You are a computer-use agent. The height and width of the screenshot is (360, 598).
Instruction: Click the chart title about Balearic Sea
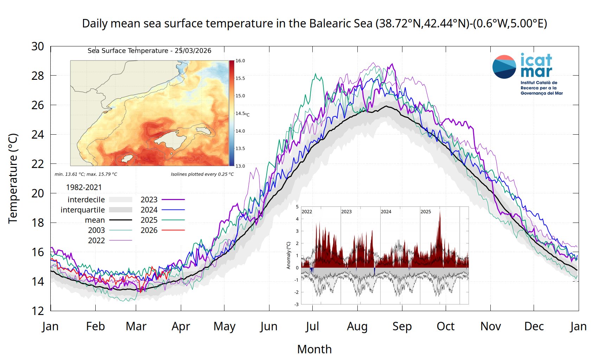pyautogui.click(x=314, y=24)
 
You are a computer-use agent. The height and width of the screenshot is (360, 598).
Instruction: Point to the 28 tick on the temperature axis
pyautogui.click(x=38, y=76)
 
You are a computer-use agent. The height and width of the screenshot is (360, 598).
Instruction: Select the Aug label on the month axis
pyautogui.click(x=357, y=327)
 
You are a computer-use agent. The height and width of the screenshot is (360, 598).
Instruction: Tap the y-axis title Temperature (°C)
pyautogui.click(x=13, y=178)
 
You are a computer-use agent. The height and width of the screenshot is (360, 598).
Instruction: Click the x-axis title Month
pyautogui.click(x=314, y=349)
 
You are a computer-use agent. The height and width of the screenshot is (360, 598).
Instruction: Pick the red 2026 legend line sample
pyautogui.click(x=173, y=230)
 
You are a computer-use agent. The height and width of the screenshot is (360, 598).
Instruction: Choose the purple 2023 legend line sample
pyautogui.click(x=173, y=200)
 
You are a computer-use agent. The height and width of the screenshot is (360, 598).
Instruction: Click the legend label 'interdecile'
pyautogui.click(x=86, y=200)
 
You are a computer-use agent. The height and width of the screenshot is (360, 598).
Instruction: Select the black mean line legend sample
pyautogui.click(x=120, y=220)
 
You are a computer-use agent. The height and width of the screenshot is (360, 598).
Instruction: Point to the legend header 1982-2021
pyautogui.click(x=84, y=187)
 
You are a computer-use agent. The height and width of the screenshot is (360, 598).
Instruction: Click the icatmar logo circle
pyautogui.click(x=504, y=67)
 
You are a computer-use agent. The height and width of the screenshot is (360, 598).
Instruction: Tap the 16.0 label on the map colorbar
pyautogui.click(x=240, y=61)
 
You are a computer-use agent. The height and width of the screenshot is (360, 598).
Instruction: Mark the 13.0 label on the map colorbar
pyautogui.click(x=240, y=166)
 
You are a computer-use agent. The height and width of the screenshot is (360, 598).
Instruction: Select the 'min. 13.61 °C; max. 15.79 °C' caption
pyautogui.click(x=86, y=174)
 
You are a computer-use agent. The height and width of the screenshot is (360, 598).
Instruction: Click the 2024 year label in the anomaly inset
pyautogui.click(x=386, y=212)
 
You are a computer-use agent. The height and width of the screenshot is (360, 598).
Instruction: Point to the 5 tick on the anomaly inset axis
pyautogui.click(x=297, y=207)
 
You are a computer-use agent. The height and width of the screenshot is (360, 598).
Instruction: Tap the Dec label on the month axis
pyautogui.click(x=534, y=327)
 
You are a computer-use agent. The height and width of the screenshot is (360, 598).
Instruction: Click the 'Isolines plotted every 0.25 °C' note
pyautogui.click(x=202, y=174)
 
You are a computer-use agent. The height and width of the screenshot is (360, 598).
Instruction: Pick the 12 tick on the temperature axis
pyautogui.click(x=38, y=311)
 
